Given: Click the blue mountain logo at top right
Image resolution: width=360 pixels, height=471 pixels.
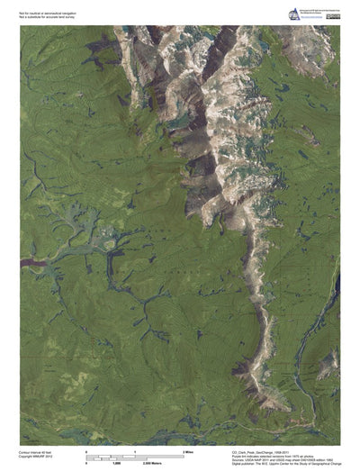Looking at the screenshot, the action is pyautogui.click(x=292, y=14).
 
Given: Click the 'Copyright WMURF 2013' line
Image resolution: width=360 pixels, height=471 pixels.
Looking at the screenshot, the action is pyautogui.click(x=37, y=457).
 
